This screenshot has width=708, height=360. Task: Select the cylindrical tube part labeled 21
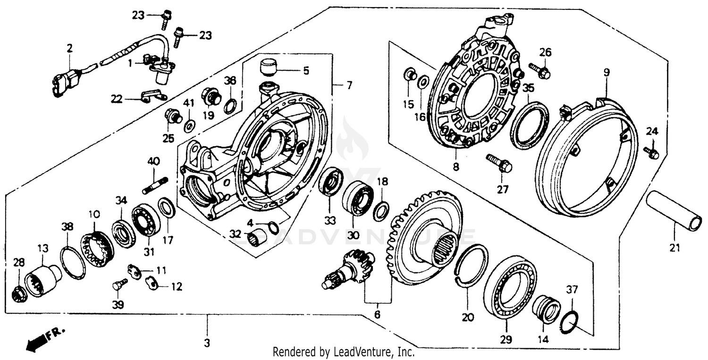click(674, 211)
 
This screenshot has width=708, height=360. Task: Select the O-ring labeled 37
click(571, 323)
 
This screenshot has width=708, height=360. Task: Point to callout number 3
click(206, 343)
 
